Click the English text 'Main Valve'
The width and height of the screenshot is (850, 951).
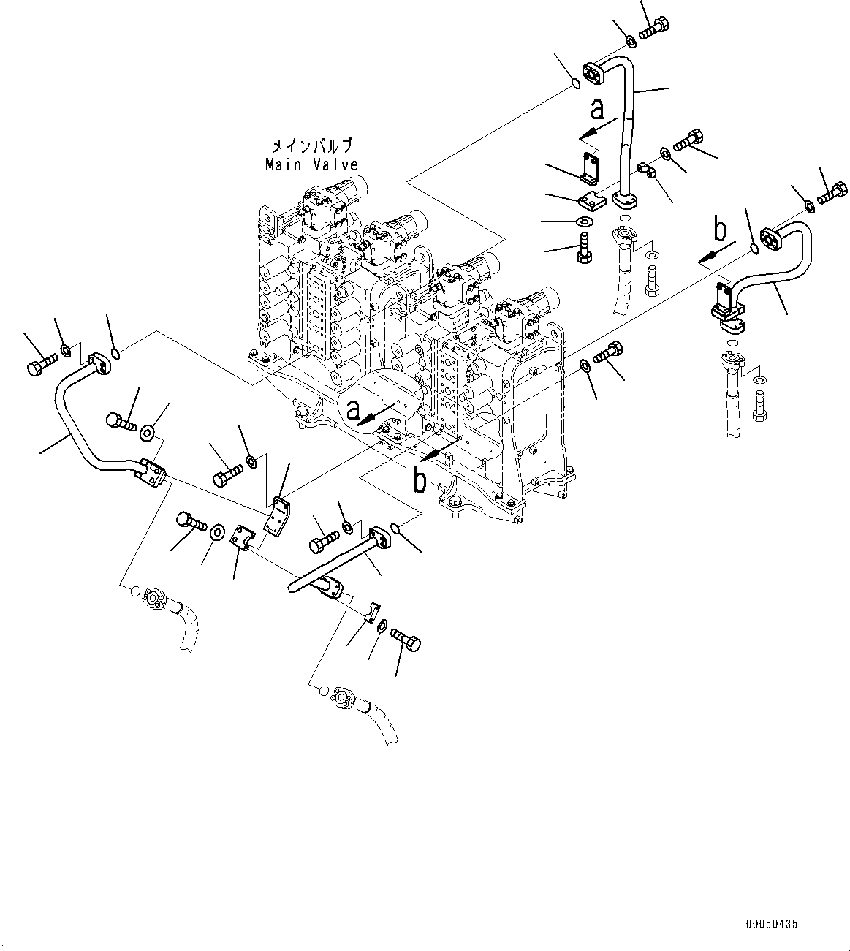pyautogui.click(x=311, y=165)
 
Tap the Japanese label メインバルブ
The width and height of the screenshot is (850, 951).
pyautogui.click(x=312, y=145)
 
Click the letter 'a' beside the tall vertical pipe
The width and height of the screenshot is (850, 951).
pyautogui.click(x=598, y=110)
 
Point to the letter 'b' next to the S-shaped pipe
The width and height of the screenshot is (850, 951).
pyautogui.click(x=720, y=230)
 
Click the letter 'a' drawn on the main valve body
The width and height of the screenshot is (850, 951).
pyautogui.click(x=354, y=412)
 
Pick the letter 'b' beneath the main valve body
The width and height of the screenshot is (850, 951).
pyautogui.click(x=420, y=480)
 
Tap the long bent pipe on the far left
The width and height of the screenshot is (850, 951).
pyautogui.click(x=80, y=431)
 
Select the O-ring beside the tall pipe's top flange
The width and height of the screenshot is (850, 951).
pyautogui.click(x=576, y=85)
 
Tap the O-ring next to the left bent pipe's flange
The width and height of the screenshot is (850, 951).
pyautogui.click(x=117, y=356)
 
